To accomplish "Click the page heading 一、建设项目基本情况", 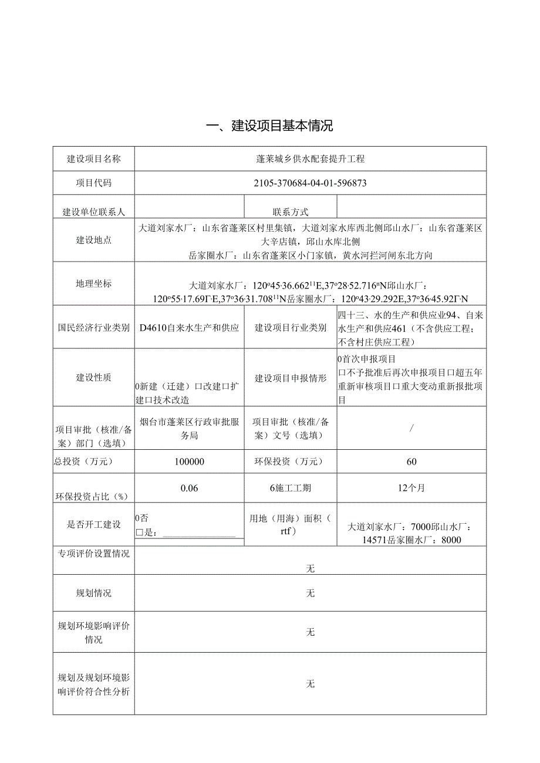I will (x=270, y=126).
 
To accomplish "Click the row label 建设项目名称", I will (x=94, y=159).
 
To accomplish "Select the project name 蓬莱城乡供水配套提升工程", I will (x=310, y=159).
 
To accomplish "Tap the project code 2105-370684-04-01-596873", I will (x=310, y=183).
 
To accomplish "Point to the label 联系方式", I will (x=290, y=212).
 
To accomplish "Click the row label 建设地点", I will (x=94, y=240).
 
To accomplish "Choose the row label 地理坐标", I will (x=94, y=283).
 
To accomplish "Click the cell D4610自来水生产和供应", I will (x=190, y=328).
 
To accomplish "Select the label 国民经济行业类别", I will (x=94, y=328).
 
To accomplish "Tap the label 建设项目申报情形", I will (x=290, y=378).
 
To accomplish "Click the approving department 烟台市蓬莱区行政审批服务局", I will (x=190, y=428).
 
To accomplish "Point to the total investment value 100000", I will (x=190, y=462).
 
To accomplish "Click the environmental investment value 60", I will (x=411, y=462).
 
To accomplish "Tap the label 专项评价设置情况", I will (x=94, y=554).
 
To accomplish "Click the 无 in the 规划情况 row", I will (x=310, y=593).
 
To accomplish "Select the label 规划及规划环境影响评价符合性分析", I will (x=94, y=684).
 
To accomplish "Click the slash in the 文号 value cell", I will (x=411, y=428).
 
